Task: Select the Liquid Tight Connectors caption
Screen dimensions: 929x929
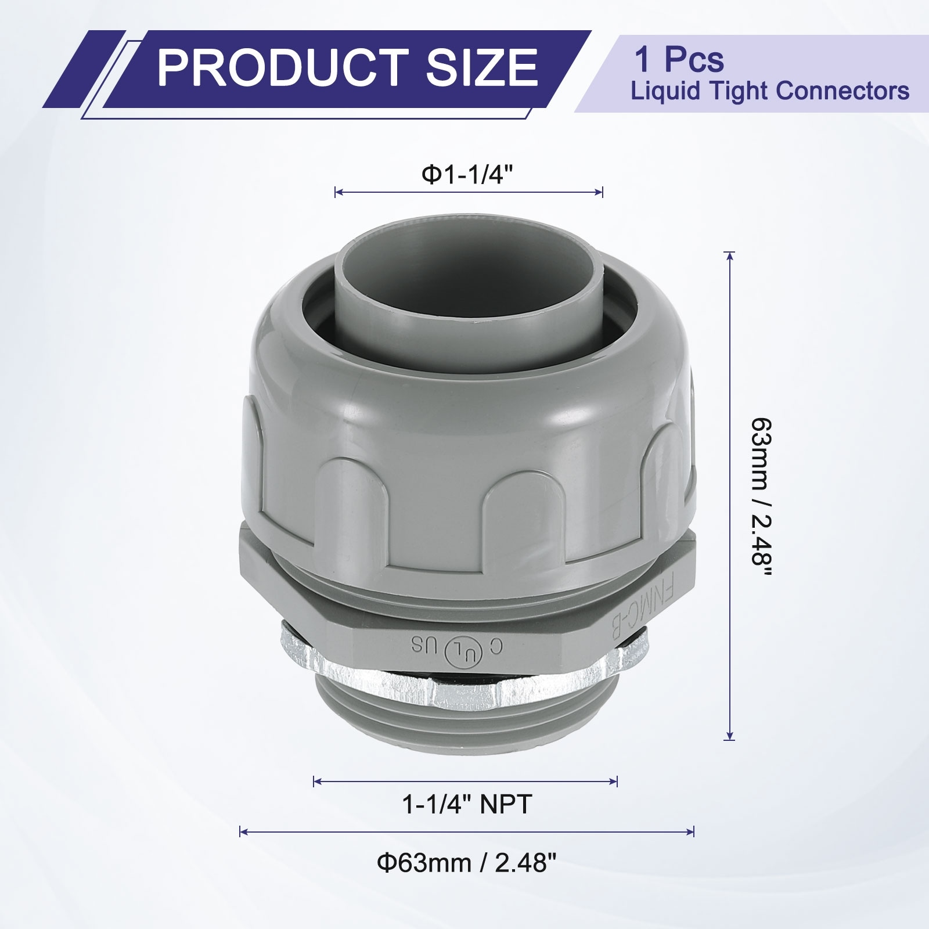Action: coord(770,91)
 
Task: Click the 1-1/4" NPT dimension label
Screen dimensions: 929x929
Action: coord(467,805)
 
